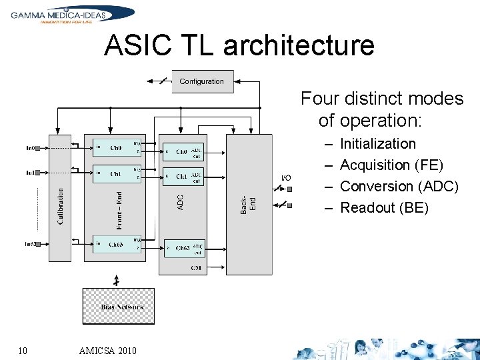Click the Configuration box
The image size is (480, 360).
tap(201, 81)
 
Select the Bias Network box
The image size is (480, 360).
tap(118, 306)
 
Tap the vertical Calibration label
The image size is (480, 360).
tap(61, 206)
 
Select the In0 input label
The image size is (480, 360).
tap(31, 147)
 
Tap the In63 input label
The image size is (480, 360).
tap(31, 245)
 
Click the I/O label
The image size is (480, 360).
tap(286, 178)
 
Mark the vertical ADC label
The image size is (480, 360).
tap(181, 202)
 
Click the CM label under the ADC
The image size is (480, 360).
tap(196, 268)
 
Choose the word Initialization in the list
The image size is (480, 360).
tap(377, 143)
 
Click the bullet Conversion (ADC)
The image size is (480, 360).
tap(399, 186)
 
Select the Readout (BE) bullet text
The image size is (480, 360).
tap(384, 207)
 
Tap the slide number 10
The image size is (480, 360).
tap(23, 351)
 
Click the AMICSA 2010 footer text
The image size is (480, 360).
tap(107, 351)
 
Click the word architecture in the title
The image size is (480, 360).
tap(299, 45)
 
